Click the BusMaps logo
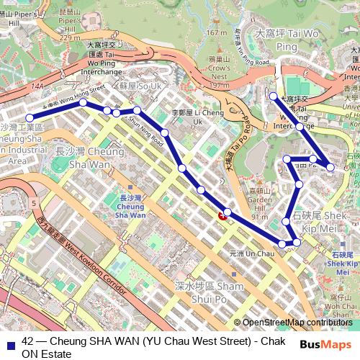pyautogui.click(x=325, y=345)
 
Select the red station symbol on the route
pyautogui.click(x=223, y=215)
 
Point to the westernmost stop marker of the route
pyautogui.click(x=30, y=117)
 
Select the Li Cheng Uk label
pyautogui.click(x=196, y=117)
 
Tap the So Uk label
pyautogui.click(x=140, y=86)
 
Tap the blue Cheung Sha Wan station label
pyautogui.click(x=131, y=206)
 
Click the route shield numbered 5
pyautogui.click(x=34, y=204)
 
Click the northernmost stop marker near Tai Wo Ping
pyautogui.click(x=273, y=96)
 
